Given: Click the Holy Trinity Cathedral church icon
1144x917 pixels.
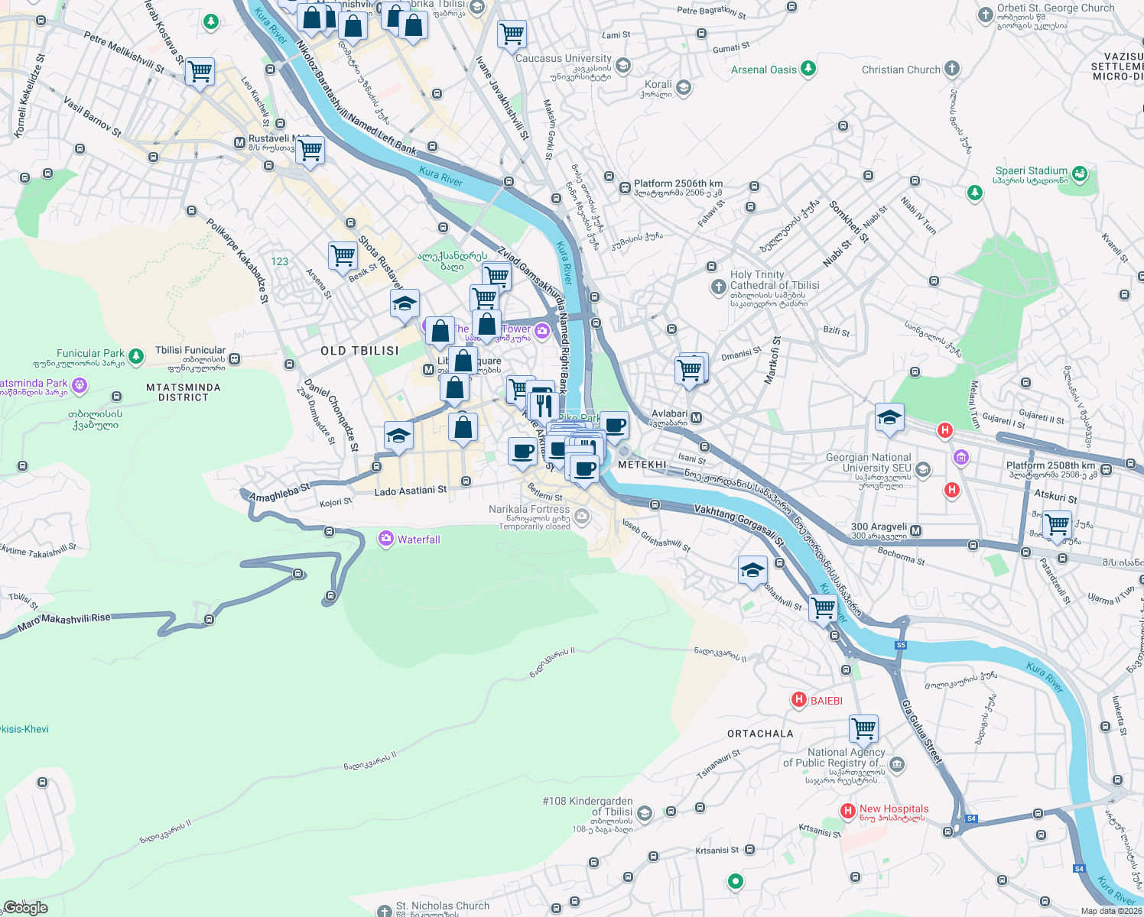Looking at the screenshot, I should click(x=718, y=287).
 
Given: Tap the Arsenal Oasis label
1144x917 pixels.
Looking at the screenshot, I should click(x=763, y=70).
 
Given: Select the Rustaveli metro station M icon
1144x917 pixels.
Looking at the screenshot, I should click(x=239, y=143).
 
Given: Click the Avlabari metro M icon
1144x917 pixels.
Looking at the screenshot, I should click(x=696, y=418).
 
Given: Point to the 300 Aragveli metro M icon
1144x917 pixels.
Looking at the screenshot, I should click(x=916, y=530).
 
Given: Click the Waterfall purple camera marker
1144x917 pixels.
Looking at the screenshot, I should click(x=386, y=540).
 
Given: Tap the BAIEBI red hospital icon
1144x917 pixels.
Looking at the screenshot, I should click(x=799, y=700).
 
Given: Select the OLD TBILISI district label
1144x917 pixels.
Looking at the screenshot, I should click(x=359, y=351).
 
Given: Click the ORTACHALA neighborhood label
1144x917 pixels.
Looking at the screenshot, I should click(x=760, y=734).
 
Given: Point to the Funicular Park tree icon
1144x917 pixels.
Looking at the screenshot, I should click(x=136, y=356).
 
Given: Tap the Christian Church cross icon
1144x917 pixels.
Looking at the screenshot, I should click(x=951, y=70).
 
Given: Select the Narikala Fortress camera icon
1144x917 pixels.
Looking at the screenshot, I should click(x=581, y=517).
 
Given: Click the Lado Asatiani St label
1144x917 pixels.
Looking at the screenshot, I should click(x=411, y=491).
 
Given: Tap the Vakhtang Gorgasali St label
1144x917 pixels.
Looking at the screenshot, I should click(x=739, y=524).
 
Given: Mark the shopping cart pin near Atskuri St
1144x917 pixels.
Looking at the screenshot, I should click(x=1058, y=525).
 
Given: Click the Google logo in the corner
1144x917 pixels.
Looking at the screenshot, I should click(x=25, y=907).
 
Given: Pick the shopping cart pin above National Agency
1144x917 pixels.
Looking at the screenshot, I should click(x=863, y=728).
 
